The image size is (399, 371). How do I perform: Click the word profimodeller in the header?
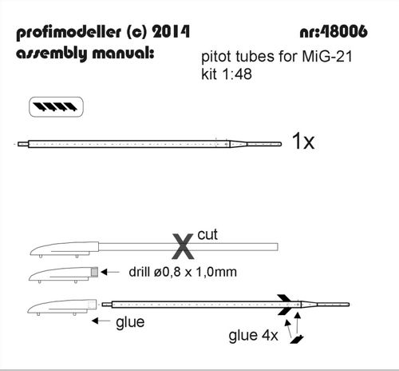pos(69,33)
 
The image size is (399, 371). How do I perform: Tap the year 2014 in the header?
pos(171,32)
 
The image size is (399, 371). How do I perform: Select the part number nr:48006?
pos(334,32)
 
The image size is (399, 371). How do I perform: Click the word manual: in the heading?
pos(123,53)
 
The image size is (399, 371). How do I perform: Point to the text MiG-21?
pos(327,57)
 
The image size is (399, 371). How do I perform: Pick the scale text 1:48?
pos(237,74)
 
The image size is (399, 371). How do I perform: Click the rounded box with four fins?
pos(56,107)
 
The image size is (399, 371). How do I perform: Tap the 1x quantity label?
pos(303,141)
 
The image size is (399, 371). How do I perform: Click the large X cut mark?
pos(183,246)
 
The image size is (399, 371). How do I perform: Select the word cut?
pos(207,234)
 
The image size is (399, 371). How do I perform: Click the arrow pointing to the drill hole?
pos(110,272)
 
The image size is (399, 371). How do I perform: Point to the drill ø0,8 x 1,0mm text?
pos(183,272)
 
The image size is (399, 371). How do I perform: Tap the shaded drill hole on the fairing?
pos(95,272)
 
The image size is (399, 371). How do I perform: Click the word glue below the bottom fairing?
pos(130,322)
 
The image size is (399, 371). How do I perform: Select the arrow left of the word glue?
pos(101,321)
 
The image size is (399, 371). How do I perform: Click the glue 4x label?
pos(253,335)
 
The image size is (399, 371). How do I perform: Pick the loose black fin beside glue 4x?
pos(297,340)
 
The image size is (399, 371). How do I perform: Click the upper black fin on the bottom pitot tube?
pos(284,298)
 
